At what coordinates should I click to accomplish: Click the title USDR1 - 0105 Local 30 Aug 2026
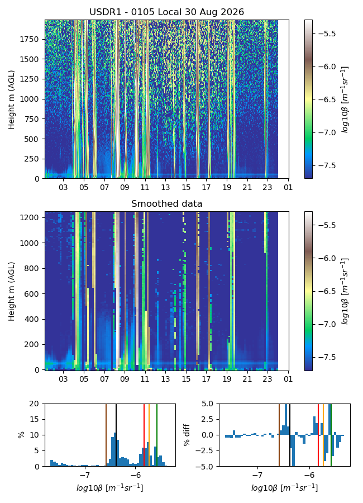point(166,12)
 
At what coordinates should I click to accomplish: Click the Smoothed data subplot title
point(166,203)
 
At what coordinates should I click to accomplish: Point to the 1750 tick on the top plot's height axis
point(29,39)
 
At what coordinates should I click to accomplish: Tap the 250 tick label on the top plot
point(31,159)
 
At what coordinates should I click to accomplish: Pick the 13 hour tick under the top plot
point(165,187)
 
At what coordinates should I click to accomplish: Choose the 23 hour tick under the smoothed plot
point(268,379)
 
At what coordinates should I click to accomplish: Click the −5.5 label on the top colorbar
point(325,34)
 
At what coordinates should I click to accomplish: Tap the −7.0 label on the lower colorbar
point(325,324)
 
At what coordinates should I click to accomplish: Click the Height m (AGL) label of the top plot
point(12,99)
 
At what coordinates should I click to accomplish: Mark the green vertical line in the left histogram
point(157,435)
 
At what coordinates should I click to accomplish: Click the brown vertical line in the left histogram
point(106,435)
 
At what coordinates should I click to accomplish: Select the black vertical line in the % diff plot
point(290,435)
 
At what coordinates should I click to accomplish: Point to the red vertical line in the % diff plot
point(318,435)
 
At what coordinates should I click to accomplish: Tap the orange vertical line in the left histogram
point(149,435)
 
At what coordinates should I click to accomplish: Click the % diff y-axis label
point(187,435)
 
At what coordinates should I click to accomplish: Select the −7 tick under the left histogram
point(85,474)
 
